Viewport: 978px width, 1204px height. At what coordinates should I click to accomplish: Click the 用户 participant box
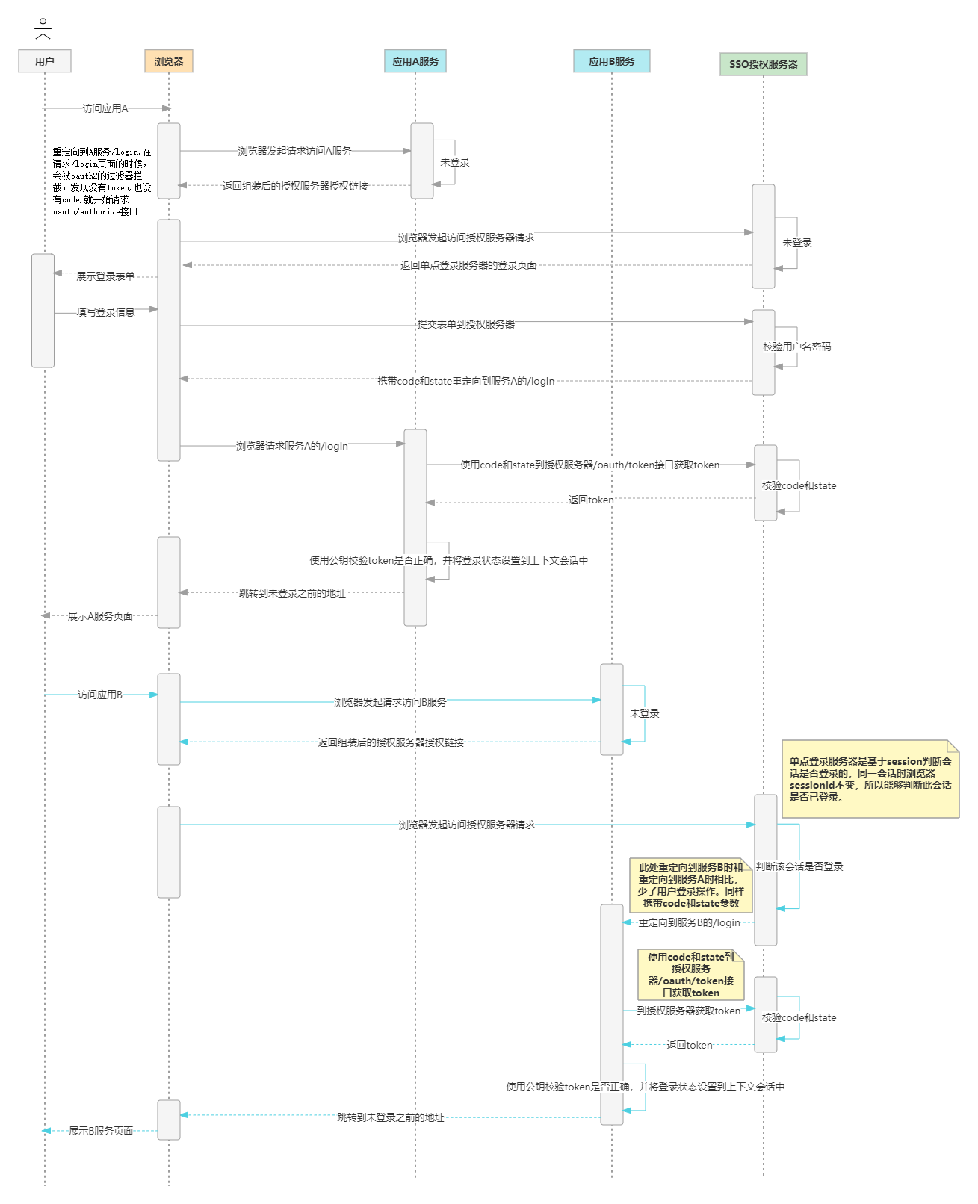tap(45, 61)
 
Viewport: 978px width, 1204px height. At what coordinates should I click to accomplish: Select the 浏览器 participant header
tap(169, 61)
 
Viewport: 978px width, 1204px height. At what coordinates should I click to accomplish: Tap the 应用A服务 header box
tap(415, 61)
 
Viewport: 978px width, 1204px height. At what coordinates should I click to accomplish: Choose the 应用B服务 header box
tap(611, 61)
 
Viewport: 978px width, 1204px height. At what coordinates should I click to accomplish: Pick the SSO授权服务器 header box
tap(763, 64)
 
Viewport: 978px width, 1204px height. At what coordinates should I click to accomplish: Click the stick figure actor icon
tap(43, 29)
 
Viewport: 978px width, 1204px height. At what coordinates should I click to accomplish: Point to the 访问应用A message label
tap(105, 109)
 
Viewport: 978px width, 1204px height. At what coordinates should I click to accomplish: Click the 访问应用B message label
tap(100, 695)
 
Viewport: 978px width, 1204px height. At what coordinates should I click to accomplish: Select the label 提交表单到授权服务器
tap(466, 324)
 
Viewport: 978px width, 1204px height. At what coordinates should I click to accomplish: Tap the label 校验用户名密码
tap(796, 347)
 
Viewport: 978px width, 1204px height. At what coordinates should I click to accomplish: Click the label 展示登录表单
tap(105, 276)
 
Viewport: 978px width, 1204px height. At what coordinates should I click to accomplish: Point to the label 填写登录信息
tap(105, 312)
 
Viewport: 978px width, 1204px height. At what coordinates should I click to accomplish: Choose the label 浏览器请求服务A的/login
tap(292, 446)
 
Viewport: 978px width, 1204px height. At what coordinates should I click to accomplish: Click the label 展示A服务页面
tap(100, 616)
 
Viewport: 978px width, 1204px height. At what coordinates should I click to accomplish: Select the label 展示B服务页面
tap(101, 1131)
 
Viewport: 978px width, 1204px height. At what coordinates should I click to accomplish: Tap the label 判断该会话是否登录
tap(799, 866)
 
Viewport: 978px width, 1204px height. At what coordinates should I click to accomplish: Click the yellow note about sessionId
tap(870, 779)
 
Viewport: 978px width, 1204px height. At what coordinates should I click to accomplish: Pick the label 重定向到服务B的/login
tap(689, 923)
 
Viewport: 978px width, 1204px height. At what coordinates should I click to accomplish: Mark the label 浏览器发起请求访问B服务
tap(390, 702)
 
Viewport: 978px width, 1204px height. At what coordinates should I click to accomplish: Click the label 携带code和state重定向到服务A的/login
tap(466, 381)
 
